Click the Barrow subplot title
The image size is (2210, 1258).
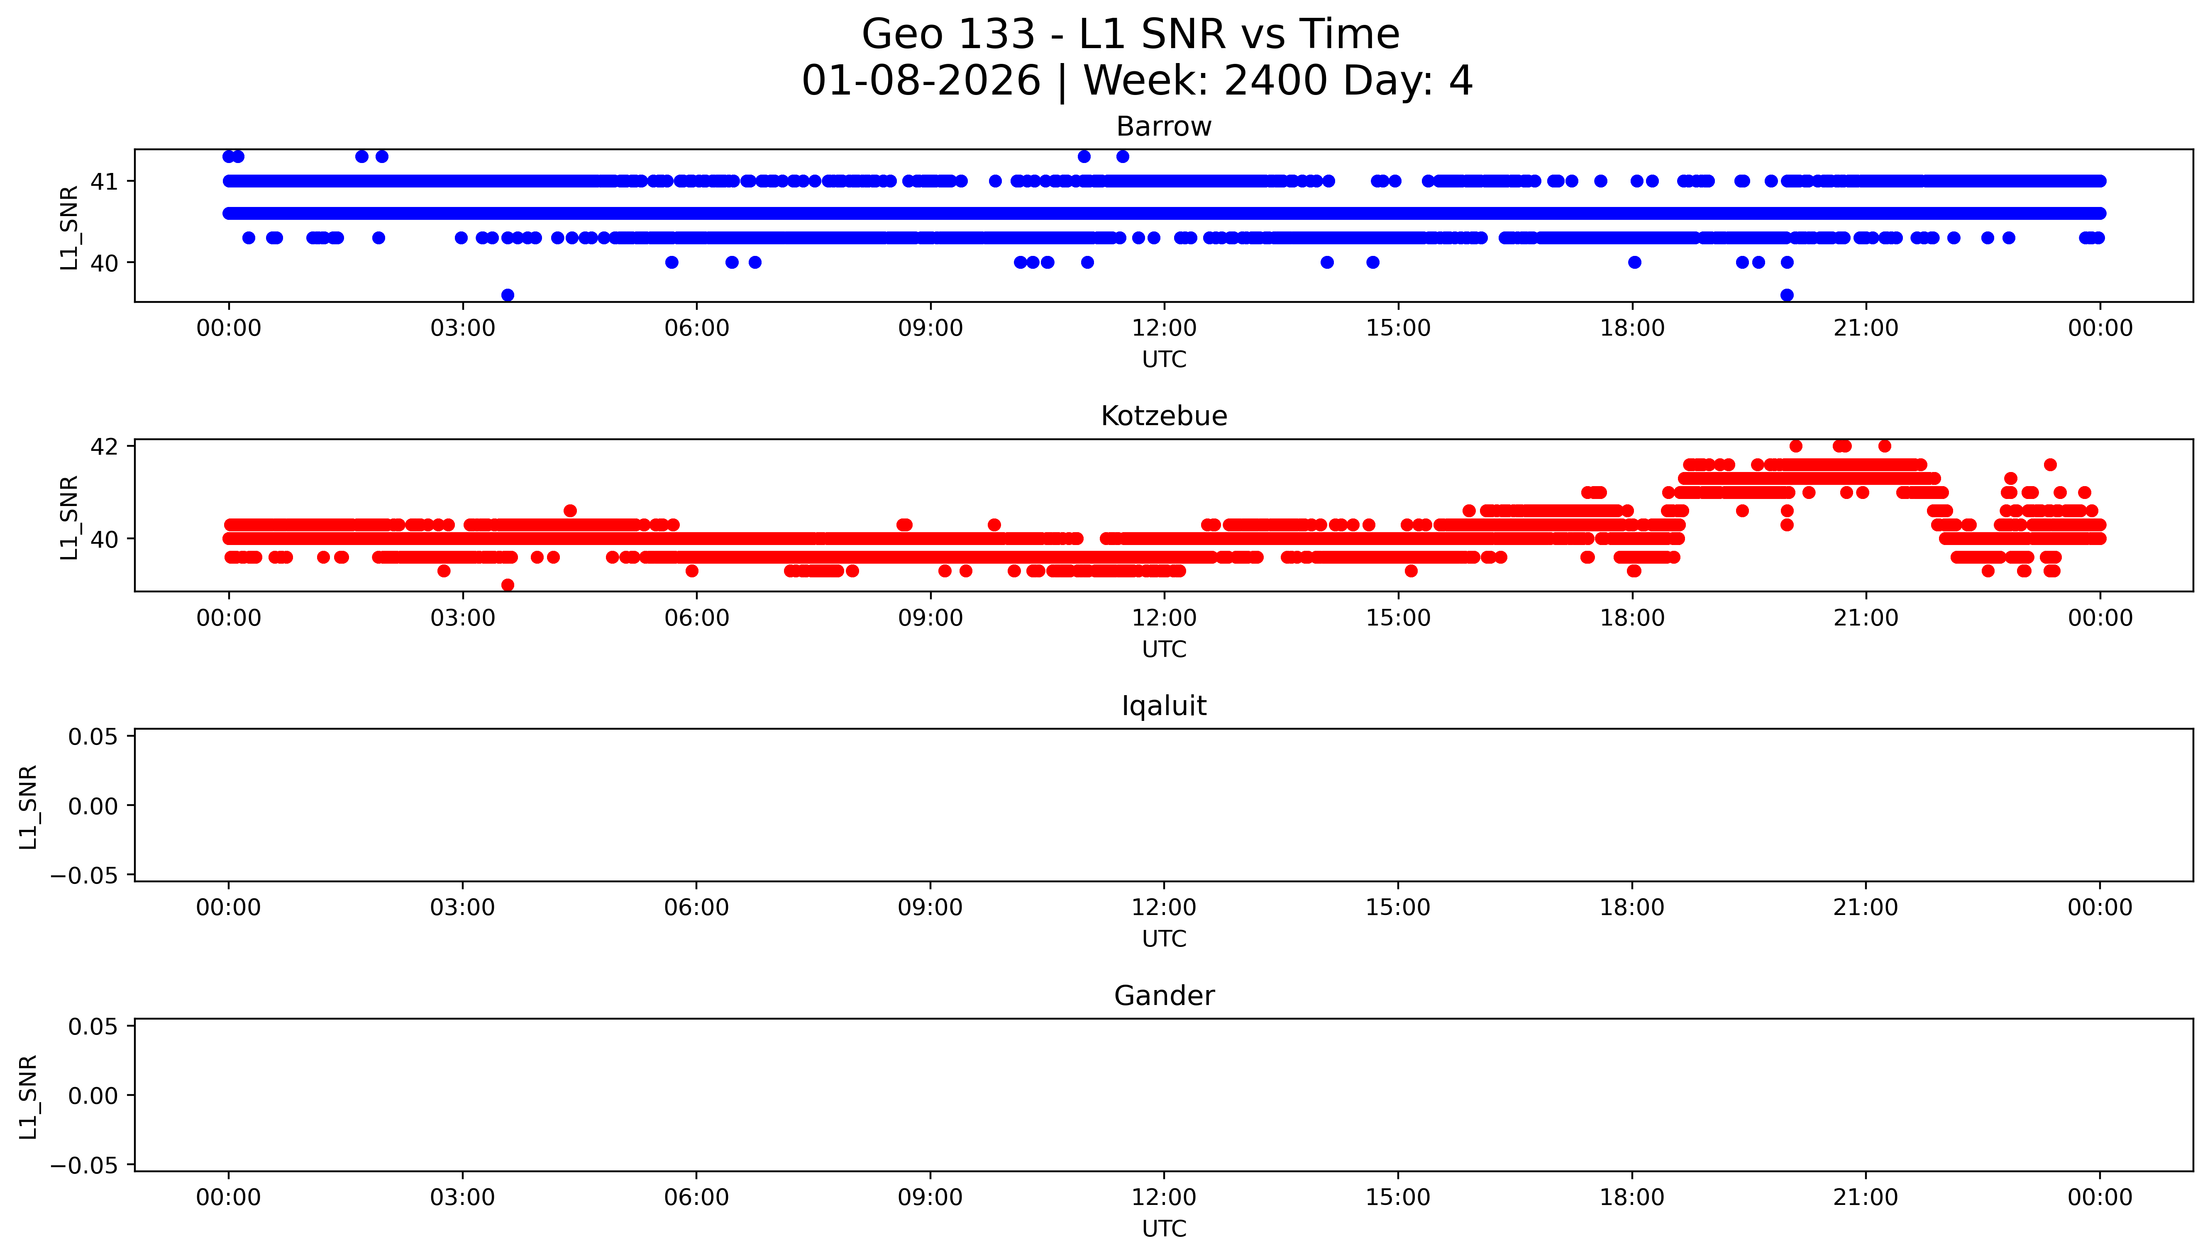click(x=1163, y=127)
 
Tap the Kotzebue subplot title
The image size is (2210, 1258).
click(x=1163, y=416)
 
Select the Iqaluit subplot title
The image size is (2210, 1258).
click(x=1163, y=706)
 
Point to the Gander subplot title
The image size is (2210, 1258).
click(x=1163, y=996)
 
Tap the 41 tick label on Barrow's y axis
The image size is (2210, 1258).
click(x=105, y=181)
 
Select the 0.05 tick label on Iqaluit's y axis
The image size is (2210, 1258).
click(x=93, y=737)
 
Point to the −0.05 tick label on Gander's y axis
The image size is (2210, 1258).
click(x=85, y=1166)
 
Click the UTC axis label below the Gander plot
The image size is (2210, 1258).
click(x=1163, y=1229)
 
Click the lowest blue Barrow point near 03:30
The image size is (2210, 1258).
click(x=507, y=295)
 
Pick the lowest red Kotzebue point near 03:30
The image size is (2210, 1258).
click(x=507, y=585)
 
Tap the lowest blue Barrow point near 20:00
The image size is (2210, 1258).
click(x=1787, y=295)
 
